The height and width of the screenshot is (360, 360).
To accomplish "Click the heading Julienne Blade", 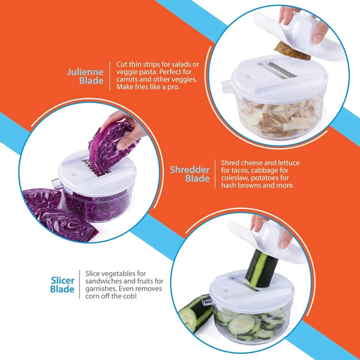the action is click(85, 76).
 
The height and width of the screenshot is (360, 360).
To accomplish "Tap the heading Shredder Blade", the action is click(189, 174).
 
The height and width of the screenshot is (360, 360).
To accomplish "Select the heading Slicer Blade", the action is click(63, 285).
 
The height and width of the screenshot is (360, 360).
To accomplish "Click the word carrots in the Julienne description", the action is click(128, 80).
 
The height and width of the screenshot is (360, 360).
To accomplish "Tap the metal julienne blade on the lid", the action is click(282, 70).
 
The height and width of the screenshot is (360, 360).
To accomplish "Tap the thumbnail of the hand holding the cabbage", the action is click(121, 146).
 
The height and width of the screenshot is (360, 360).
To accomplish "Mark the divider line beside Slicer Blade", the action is click(80, 284).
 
